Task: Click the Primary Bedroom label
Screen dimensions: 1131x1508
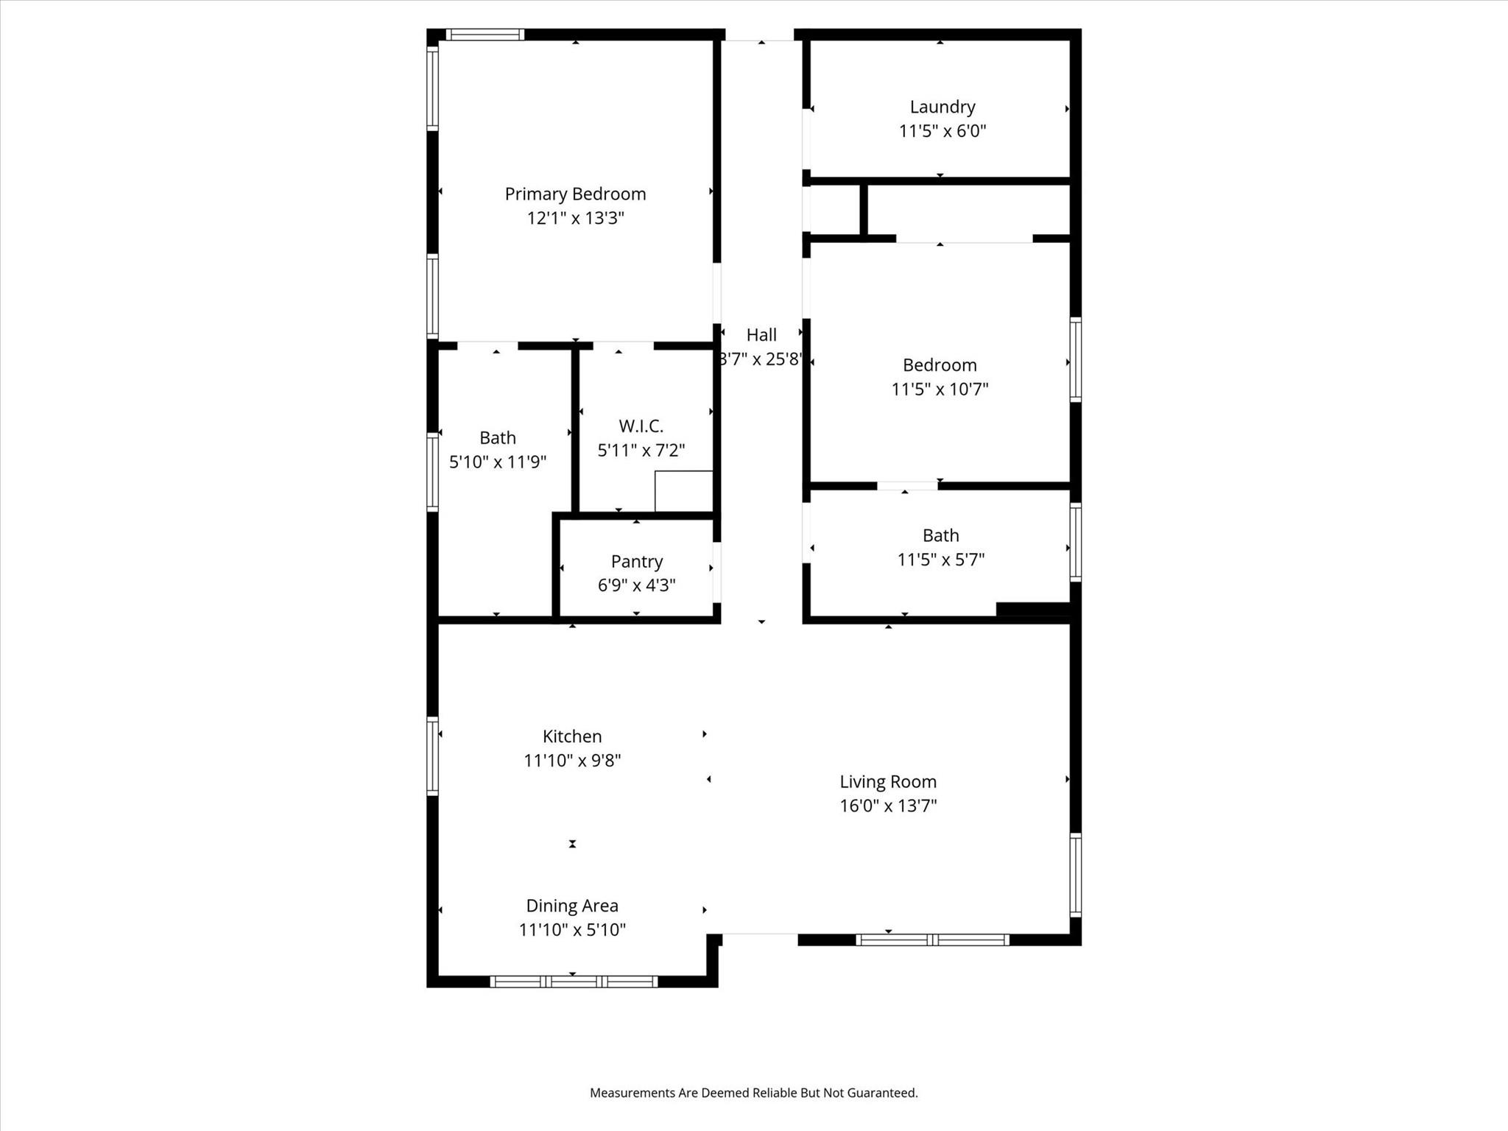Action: tap(575, 194)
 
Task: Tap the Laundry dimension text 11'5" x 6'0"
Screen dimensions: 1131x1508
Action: tap(942, 131)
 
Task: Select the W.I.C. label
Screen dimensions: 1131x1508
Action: tap(641, 426)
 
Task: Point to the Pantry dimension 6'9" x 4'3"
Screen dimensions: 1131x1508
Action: tap(636, 585)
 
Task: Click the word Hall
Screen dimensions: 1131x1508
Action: tap(761, 335)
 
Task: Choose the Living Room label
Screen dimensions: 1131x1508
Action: tap(888, 781)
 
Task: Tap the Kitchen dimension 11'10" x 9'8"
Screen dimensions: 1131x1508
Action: tap(572, 760)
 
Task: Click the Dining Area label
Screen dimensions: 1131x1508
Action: tap(572, 906)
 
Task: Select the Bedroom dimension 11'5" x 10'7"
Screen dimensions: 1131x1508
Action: tap(940, 389)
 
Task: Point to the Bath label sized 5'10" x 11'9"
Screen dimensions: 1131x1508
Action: tap(498, 438)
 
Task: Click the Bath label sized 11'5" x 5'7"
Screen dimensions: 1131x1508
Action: tap(940, 535)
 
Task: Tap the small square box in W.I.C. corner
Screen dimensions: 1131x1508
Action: tap(683, 490)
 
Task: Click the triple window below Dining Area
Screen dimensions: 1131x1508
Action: tap(574, 982)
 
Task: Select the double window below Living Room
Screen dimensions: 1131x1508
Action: tap(932, 940)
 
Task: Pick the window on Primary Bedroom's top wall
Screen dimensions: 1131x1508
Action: tap(485, 35)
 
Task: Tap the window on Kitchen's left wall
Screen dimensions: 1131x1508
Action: tap(433, 756)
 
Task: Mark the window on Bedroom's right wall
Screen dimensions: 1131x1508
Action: tap(1075, 359)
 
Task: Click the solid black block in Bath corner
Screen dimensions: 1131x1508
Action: tap(1032, 609)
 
